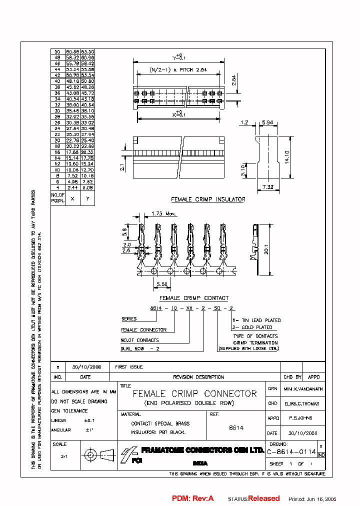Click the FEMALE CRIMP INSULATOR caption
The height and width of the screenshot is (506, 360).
click(x=208, y=199)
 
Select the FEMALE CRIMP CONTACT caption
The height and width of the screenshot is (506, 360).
click(x=198, y=298)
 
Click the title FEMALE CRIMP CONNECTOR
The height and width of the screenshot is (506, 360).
click(x=194, y=394)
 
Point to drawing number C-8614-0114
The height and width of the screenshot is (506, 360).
click(x=291, y=451)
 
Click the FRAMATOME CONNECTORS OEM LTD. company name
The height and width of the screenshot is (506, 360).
click(x=202, y=450)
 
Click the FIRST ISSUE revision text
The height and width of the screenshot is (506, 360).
click(x=129, y=367)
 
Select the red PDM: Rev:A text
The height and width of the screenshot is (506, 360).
click(x=193, y=498)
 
